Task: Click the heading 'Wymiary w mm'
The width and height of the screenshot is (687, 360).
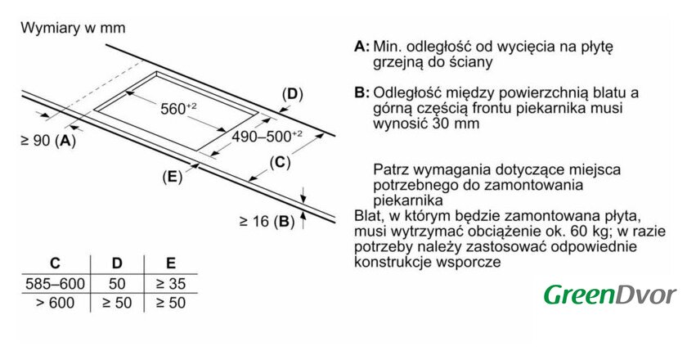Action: pos(73,28)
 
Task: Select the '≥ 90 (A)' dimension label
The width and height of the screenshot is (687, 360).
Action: pos(47,141)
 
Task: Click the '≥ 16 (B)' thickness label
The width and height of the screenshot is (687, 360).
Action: pos(267,220)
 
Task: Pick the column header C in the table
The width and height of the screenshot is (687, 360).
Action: pos(55,263)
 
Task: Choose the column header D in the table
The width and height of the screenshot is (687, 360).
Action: pos(117,263)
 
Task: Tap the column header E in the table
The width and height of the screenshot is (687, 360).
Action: pos(170,263)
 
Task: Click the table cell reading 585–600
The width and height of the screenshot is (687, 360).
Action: pos(55,284)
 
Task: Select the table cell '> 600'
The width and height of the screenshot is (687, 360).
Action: pos(55,303)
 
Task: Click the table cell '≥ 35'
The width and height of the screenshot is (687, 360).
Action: pos(170,284)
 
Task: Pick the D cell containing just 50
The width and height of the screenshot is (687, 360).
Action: pos(117,284)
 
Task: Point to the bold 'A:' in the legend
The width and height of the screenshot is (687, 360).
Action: pos(362,46)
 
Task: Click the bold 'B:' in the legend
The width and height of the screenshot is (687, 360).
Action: pos(362,92)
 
